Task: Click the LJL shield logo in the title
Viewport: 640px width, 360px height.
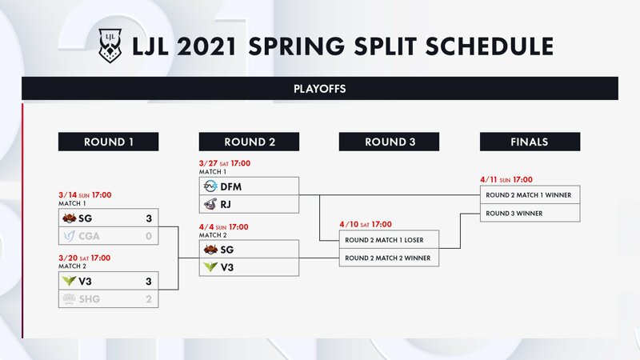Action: click(x=110, y=46)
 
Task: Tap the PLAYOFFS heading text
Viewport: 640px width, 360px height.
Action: click(x=319, y=89)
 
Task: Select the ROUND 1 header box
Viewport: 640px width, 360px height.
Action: click(x=108, y=142)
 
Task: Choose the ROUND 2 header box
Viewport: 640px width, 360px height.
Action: click(x=249, y=142)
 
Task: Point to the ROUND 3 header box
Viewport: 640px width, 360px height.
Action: click(x=389, y=142)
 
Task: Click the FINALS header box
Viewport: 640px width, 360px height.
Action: click(x=530, y=142)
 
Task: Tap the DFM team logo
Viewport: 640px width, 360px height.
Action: click(x=210, y=186)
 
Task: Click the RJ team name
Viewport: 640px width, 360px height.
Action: click(x=226, y=204)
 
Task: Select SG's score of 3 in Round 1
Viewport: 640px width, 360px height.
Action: click(x=149, y=218)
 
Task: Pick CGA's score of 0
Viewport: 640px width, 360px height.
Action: click(x=149, y=236)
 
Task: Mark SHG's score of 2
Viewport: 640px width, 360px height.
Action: click(x=149, y=299)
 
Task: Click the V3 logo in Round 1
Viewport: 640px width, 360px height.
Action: click(x=69, y=281)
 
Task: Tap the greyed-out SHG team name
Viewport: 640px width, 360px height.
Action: click(x=90, y=299)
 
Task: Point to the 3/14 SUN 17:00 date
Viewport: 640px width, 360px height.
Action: click(x=85, y=195)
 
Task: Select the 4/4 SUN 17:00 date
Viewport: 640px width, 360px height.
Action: click(x=224, y=227)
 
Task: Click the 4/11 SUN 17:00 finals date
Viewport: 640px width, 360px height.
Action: click(x=506, y=179)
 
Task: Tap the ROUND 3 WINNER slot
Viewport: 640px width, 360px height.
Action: click(x=530, y=213)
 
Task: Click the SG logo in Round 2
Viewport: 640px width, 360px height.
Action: click(x=210, y=249)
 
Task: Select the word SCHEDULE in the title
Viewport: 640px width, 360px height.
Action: click(x=490, y=46)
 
